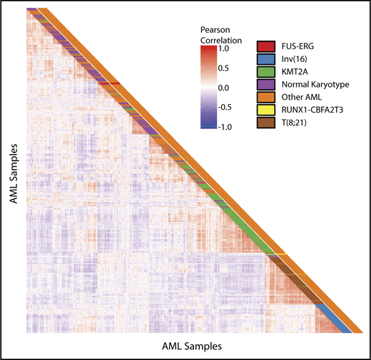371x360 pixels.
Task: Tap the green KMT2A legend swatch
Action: click(268, 72)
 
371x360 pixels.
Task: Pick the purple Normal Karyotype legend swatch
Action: click(268, 84)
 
